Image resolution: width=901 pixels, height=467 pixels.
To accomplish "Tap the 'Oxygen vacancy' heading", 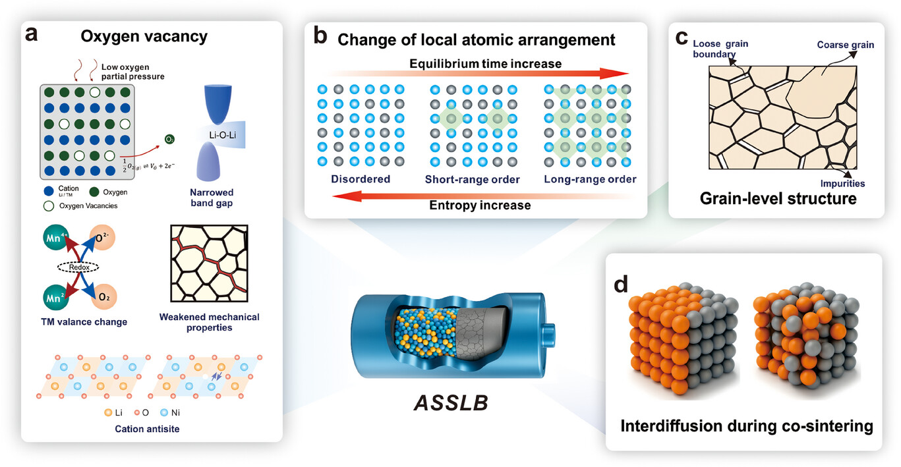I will (x=144, y=36).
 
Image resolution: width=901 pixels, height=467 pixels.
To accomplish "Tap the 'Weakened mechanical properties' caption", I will (x=209, y=322).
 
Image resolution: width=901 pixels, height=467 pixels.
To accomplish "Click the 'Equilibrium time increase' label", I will (x=485, y=63).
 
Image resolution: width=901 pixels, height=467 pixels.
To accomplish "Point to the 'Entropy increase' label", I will (x=480, y=205).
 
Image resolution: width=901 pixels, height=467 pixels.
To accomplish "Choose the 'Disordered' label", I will (x=361, y=179).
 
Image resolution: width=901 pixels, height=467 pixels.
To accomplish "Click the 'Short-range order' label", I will (x=473, y=179).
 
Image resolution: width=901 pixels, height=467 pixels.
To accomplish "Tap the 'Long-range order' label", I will (x=590, y=179).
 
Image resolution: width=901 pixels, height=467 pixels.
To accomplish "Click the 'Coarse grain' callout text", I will (x=846, y=45).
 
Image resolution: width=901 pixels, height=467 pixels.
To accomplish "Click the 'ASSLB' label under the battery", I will (x=451, y=402).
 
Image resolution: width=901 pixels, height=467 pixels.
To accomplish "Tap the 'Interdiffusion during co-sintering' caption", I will (x=747, y=426).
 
